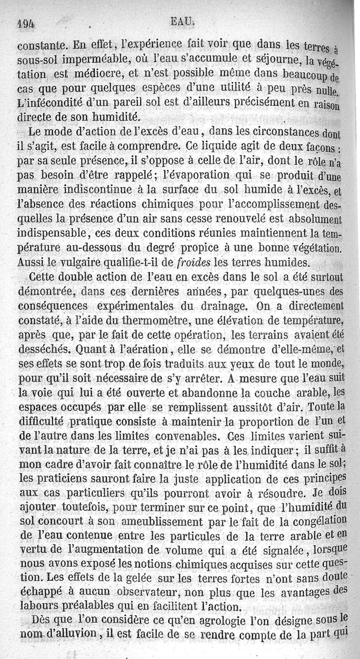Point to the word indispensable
pyautogui.click(x=51, y=233)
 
